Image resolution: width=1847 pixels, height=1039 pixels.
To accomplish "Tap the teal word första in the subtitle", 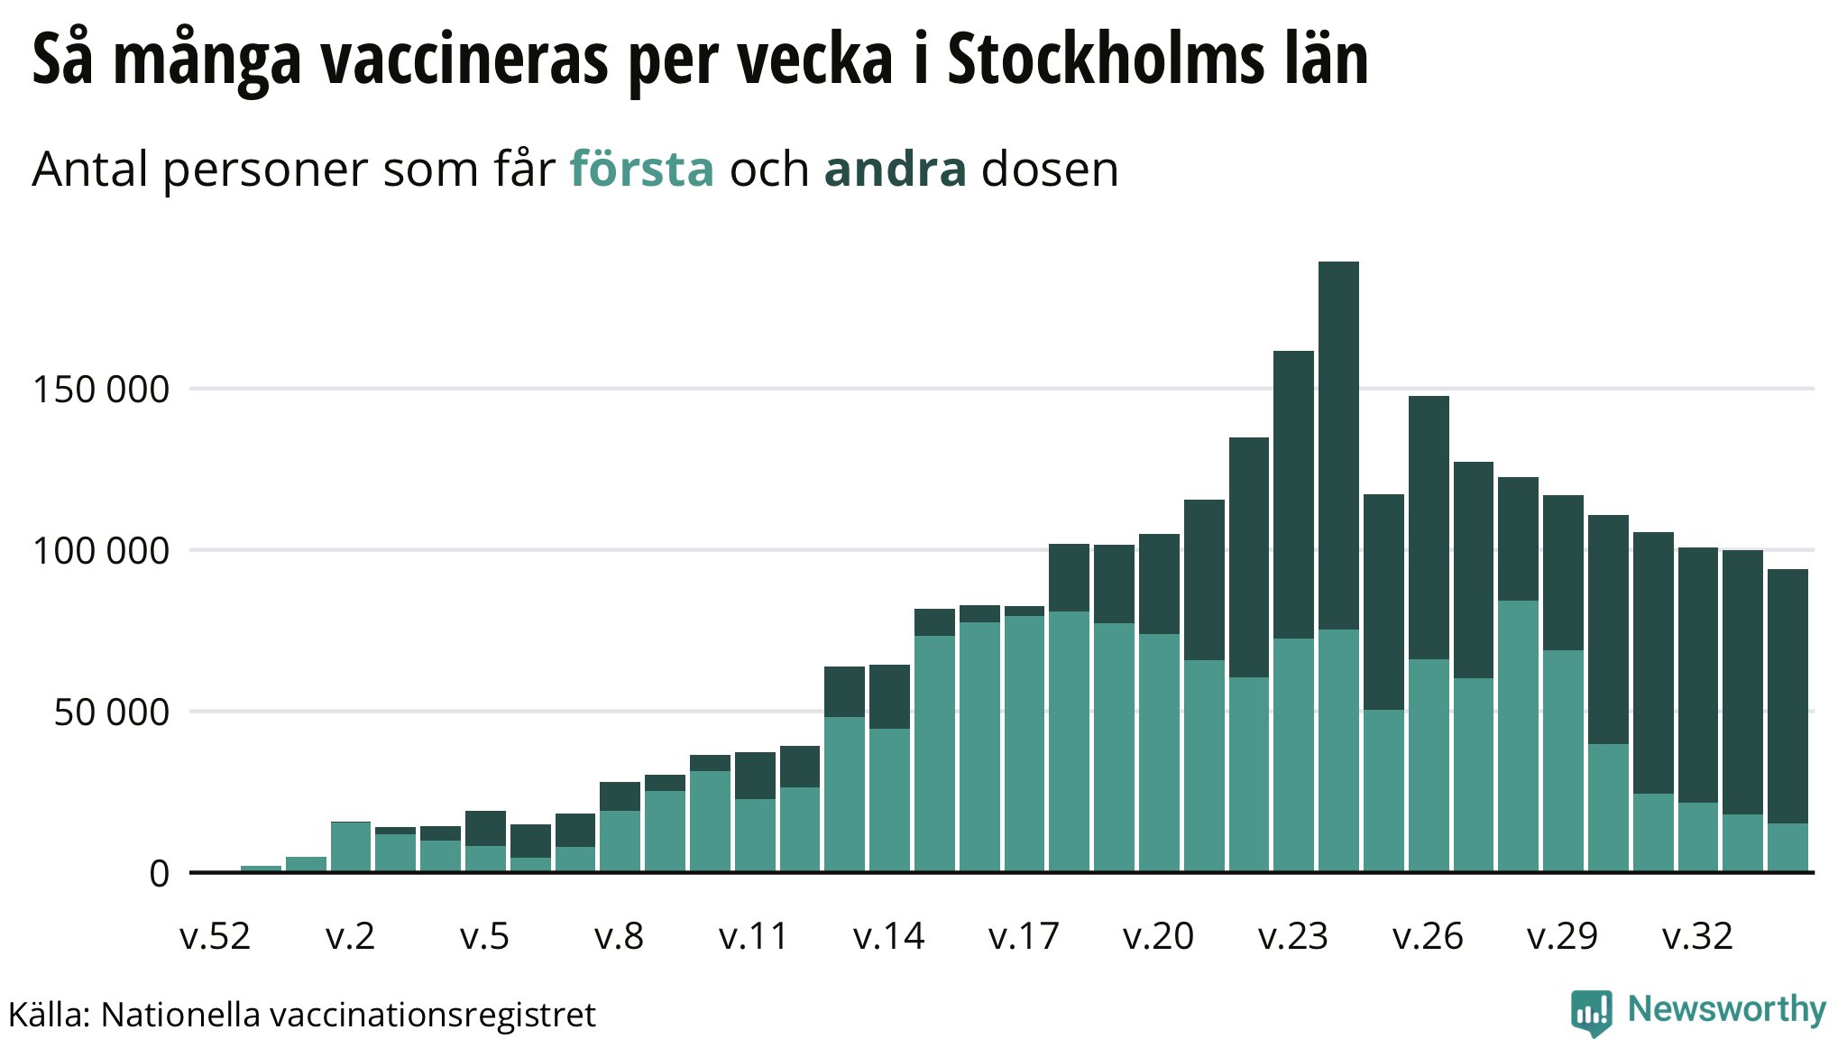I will click(641, 169).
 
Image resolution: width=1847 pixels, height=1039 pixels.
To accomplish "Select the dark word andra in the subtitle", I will click(895, 169).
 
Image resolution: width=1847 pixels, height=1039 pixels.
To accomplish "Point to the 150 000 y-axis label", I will click(101, 390).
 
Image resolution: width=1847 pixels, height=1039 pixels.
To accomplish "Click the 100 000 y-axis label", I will click(101, 551).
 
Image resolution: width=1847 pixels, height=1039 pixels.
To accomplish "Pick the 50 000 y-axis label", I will click(112, 713).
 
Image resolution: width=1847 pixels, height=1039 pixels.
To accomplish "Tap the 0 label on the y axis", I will click(160, 874).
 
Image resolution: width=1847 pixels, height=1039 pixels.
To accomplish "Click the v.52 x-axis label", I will click(216, 936).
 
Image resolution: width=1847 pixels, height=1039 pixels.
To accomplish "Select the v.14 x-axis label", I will click(889, 936).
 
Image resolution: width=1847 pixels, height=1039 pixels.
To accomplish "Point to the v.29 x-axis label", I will click(1563, 936).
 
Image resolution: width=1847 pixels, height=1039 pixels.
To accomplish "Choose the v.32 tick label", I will click(1697, 936).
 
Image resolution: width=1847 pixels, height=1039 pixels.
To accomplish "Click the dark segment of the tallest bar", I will click(1338, 442).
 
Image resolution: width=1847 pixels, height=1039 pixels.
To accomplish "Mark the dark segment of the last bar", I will click(1787, 694).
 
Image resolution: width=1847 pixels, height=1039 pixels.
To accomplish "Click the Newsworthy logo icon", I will click(1591, 1012).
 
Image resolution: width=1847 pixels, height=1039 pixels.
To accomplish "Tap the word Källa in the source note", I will click(48, 1015).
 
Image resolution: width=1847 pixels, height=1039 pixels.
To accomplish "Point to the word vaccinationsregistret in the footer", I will click(433, 1015).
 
